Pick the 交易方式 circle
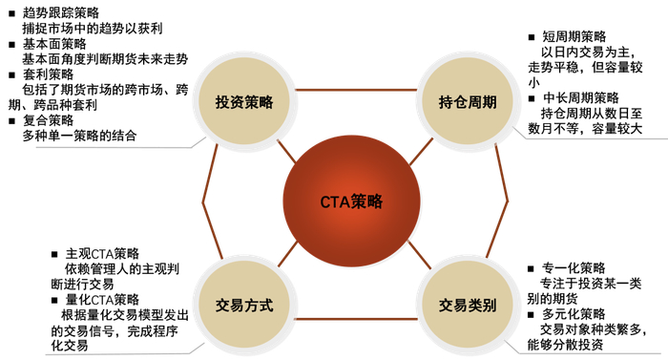[245, 307]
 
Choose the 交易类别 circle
[468, 307]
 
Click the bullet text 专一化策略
[573, 267]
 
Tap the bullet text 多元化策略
[573, 313]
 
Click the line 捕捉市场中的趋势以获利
[92, 28]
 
